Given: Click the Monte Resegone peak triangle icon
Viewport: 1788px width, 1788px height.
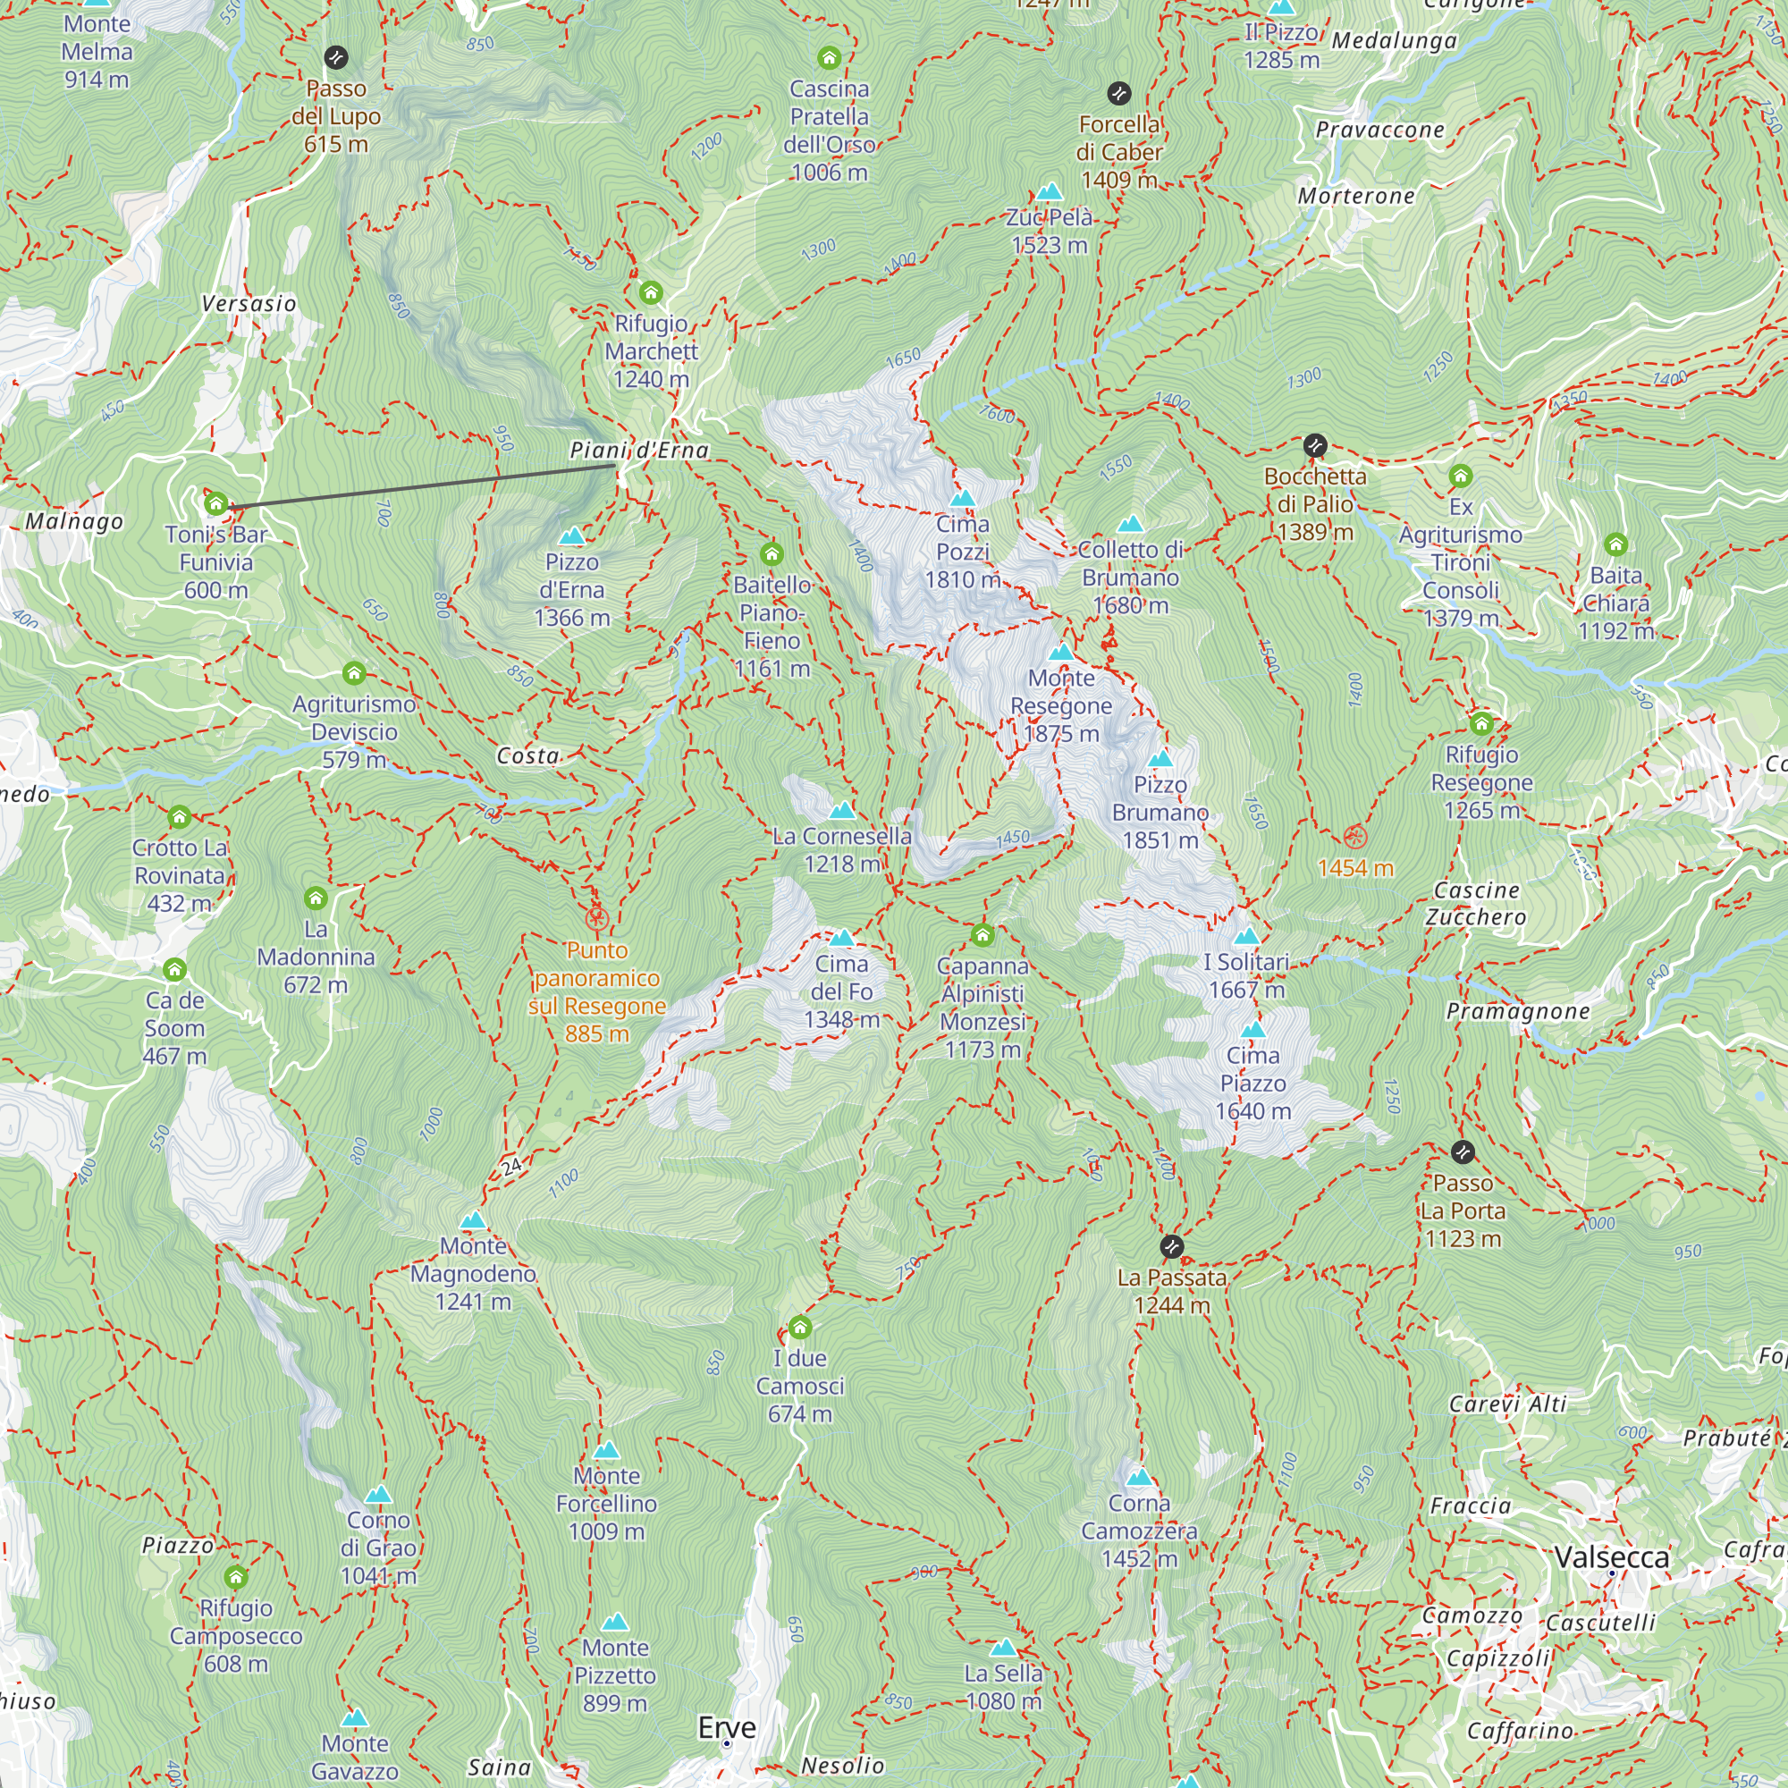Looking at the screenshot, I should [x=1061, y=653].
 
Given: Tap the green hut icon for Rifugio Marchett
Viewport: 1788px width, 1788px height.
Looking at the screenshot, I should [x=651, y=293].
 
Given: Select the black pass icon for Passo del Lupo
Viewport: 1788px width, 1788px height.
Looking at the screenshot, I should [x=336, y=58].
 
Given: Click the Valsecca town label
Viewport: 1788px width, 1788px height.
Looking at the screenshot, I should [x=1611, y=1557].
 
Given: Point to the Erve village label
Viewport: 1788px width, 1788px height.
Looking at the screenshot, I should [x=727, y=1727].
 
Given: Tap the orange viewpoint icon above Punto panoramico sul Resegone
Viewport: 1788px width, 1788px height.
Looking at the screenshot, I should [x=597, y=919].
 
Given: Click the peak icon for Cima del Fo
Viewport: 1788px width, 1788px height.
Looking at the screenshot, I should [x=841, y=939].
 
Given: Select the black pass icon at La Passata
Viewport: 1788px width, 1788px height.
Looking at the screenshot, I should [x=1172, y=1246].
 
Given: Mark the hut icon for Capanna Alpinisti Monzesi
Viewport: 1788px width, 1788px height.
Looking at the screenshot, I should [x=983, y=936].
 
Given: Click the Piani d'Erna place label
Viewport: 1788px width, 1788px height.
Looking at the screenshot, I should [x=639, y=451].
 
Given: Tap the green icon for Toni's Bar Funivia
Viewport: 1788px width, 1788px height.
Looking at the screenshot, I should [x=215, y=504].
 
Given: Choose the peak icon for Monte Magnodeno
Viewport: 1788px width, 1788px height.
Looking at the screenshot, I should [x=473, y=1220].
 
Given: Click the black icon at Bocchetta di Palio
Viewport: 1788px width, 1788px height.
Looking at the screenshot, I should [x=1315, y=446].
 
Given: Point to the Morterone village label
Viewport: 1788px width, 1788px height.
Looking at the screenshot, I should [x=1356, y=196].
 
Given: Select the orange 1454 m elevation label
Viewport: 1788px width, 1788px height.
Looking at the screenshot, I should [x=1355, y=868].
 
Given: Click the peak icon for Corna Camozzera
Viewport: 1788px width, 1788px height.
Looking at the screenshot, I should [x=1139, y=1477].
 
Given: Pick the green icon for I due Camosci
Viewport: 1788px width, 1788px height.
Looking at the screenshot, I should [x=799, y=1328].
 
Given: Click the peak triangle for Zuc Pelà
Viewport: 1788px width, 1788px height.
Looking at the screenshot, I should [x=1049, y=191].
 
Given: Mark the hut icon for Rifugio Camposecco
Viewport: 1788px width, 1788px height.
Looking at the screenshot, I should [x=236, y=1577].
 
